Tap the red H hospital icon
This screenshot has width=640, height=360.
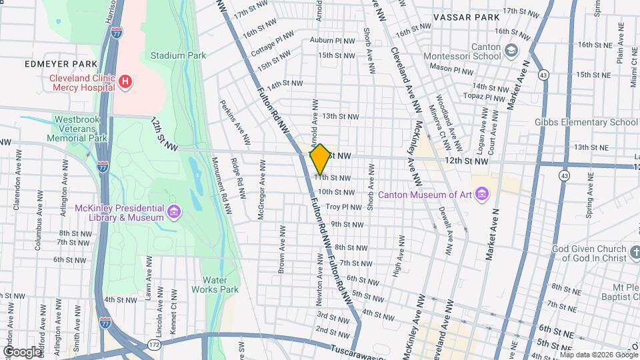(125, 81)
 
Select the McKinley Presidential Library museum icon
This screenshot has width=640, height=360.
(174, 213)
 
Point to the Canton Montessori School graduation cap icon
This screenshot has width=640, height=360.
(511, 51)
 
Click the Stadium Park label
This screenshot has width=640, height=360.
(178, 56)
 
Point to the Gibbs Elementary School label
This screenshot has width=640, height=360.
(586, 122)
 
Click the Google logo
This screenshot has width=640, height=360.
(22, 351)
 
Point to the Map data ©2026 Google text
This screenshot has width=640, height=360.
(599, 355)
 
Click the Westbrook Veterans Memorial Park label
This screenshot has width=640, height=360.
(80, 129)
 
